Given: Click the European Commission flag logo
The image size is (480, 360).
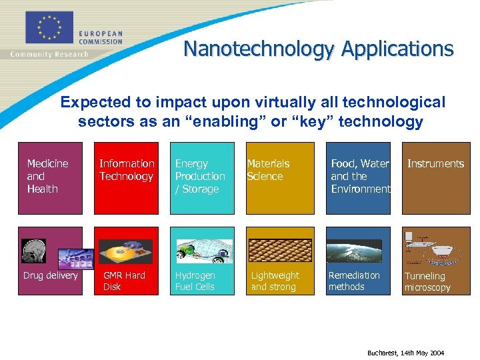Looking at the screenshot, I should tap(49, 27).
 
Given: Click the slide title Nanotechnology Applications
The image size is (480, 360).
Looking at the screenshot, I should tap(318, 49).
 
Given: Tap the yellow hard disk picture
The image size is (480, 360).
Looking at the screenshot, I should tap(126, 251).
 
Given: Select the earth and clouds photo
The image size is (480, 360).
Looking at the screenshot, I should tap(359, 250).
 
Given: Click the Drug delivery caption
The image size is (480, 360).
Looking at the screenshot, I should tap(51, 275).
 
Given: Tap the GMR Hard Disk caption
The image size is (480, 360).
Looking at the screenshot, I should tap(124, 281).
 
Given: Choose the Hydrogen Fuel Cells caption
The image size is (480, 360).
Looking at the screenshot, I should tap(195, 281).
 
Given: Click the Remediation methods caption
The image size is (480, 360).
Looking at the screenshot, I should tap(354, 281).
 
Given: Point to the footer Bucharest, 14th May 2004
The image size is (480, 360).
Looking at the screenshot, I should tap(405, 353).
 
